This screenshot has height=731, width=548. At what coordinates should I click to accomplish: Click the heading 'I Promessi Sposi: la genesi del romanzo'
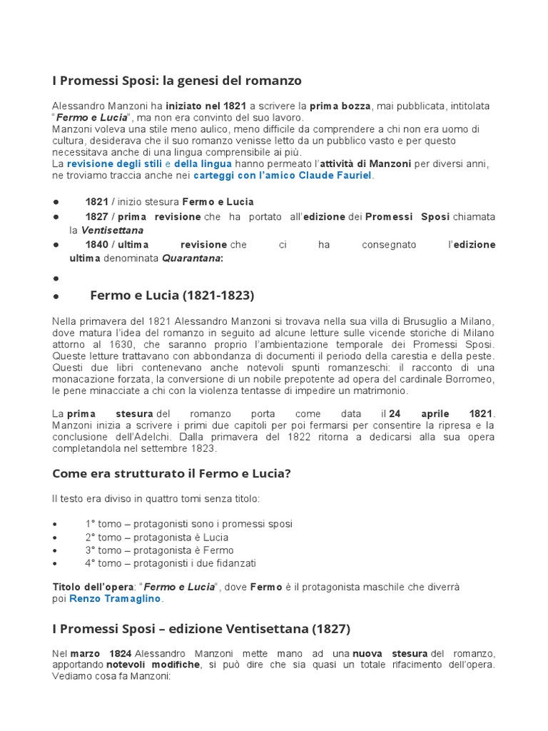(177, 80)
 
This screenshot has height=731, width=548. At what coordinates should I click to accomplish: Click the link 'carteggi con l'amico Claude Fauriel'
(283, 175)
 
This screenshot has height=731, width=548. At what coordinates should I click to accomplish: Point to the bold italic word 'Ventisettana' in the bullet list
(112, 231)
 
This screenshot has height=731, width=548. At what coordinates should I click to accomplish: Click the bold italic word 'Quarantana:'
(192, 258)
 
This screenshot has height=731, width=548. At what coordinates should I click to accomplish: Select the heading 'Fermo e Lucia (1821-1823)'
(172, 295)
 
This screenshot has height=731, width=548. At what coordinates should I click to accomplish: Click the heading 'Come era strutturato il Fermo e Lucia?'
(172, 473)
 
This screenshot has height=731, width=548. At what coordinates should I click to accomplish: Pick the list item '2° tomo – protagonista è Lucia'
(157, 537)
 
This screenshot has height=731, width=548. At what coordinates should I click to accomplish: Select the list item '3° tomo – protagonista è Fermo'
(159, 550)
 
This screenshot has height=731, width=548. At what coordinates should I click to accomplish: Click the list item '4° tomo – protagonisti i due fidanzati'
(171, 563)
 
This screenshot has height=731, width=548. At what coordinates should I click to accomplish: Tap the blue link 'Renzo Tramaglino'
(115, 599)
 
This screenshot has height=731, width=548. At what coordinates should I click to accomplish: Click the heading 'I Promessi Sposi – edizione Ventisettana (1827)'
(201, 629)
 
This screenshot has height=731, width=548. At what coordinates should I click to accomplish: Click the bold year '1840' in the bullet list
(96, 245)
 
